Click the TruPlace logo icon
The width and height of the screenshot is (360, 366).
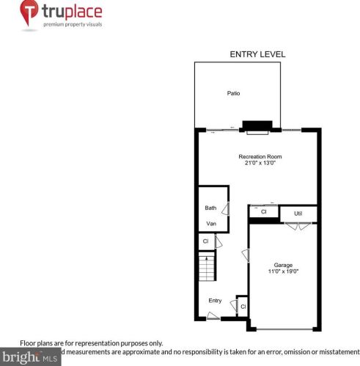click(x=29, y=13)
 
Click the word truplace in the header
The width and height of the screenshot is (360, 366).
click(x=72, y=12)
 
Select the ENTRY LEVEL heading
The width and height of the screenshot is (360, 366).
click(x=257, y=54)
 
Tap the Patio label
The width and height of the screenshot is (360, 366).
click(x=233, y=93)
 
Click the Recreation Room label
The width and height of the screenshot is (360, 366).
click(x=260, y=156)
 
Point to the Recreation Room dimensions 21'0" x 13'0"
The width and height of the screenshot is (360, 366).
click(x=260, y=163)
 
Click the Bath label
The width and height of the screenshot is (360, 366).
click(x=210, y=208)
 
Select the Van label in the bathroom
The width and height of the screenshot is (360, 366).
click(x=210, y=223)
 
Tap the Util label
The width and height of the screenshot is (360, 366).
click(x=298, y=213)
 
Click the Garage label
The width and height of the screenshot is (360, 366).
click(x=283, y=265)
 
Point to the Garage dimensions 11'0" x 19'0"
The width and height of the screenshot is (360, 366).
click(x=283, y=271)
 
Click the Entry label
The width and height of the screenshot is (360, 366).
click(x=215, y=300)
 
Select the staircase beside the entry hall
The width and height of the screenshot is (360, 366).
click(x=207, y=267)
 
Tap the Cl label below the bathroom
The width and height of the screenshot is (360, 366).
click(x=205, y=240)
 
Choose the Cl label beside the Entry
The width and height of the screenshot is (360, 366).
click(x=242, y=305)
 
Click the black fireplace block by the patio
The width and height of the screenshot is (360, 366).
click(x=258, y=125)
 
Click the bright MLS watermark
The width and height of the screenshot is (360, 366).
click(x=29, y=358)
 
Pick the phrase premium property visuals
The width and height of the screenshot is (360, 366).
click(x=72, y=24)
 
